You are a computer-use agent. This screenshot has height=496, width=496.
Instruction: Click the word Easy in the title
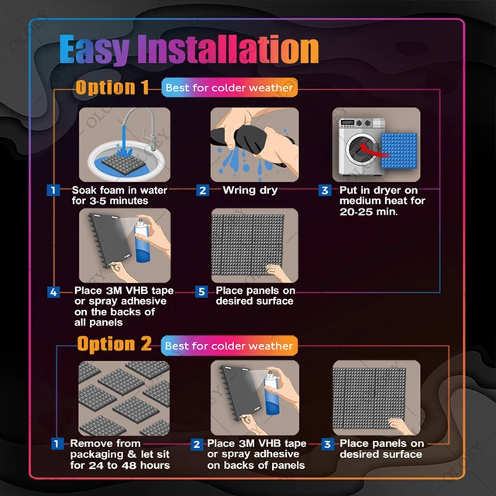[95, 49]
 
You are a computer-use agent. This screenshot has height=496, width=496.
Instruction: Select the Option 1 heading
[112, 88]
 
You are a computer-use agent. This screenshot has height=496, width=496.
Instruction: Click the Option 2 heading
[115, 344]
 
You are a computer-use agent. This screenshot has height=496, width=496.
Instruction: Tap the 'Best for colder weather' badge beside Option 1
[229, 88]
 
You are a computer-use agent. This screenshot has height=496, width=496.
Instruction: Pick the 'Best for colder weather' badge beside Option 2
[229, 346]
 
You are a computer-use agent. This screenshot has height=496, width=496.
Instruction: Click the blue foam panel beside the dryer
[399, 150]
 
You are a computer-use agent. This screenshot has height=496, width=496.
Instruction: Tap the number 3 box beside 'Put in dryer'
[325, 190]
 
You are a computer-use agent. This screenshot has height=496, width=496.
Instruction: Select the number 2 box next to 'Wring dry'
[202, 190]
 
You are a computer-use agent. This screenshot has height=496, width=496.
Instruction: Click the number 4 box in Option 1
[53, 292]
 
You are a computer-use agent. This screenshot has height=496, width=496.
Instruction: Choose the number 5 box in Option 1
[201, 291]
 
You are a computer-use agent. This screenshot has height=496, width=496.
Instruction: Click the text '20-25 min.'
[368, 212]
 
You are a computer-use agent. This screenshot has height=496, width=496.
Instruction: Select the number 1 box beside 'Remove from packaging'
[57, 443]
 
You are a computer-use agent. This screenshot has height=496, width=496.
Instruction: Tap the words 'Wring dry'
[250, 190]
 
